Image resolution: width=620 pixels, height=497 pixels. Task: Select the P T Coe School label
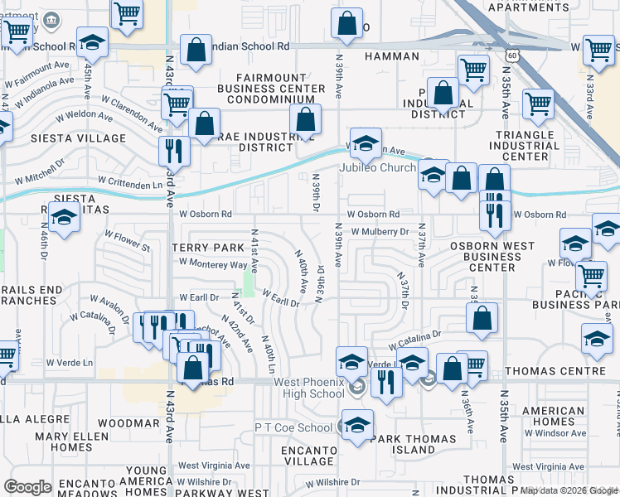click(293, 427)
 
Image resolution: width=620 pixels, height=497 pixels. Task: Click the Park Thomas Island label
click(413, 444)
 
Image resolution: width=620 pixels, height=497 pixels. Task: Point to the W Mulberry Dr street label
click(380, 232)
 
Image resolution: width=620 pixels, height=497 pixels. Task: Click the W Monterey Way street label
click(213, 264)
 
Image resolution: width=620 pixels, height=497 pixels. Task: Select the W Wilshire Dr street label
click(332, 481)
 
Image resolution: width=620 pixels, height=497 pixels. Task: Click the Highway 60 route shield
click(514, 55)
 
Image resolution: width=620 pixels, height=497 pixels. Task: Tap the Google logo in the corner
click(27, 487)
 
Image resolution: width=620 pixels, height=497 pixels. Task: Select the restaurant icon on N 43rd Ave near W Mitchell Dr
click(174, 150)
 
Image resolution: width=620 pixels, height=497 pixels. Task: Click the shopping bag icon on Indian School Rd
click(196, 50)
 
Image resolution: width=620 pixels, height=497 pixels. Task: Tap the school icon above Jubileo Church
click(365, 144)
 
